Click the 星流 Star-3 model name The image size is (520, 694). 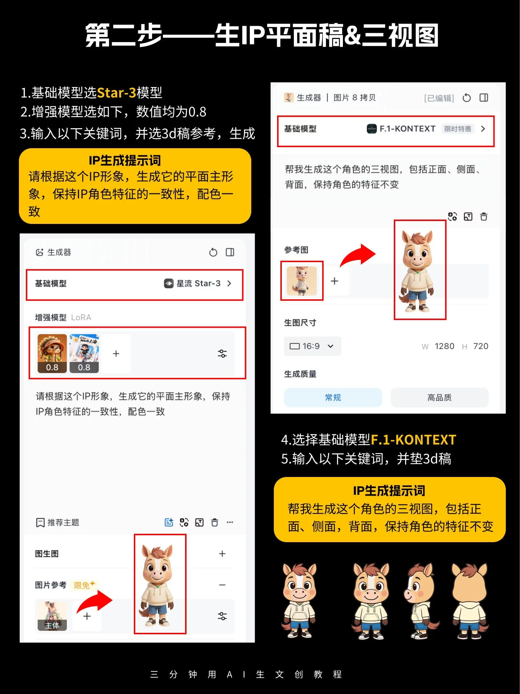(x=198, y=283)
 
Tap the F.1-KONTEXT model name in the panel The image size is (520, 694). (x=407, y=129)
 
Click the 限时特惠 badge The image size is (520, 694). (x=457, y=129)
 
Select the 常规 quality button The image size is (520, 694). (x=333, y=397)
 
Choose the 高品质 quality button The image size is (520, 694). (x=439, y=397)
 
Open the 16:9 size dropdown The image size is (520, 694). (x=312, y=346)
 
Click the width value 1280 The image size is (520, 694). (x=444, y=346)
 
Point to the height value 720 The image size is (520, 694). (x=480, y=346)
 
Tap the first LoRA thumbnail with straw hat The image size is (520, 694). (x=52, y=353)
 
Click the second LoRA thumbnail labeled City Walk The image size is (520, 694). (x=84, y=353)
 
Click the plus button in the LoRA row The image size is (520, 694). (x=116, y=354)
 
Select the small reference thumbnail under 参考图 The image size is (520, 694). (x=301, y=281)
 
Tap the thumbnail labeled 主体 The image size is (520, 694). (x=52, y=616)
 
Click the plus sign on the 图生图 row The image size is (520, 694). (x=222, y=553)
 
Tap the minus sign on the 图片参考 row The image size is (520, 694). (x=222, y=585)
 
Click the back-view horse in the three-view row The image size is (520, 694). (x=469, y=601)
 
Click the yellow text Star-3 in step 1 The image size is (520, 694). (x=116, y=92)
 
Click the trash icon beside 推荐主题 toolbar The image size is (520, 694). (x=215, y=523)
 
